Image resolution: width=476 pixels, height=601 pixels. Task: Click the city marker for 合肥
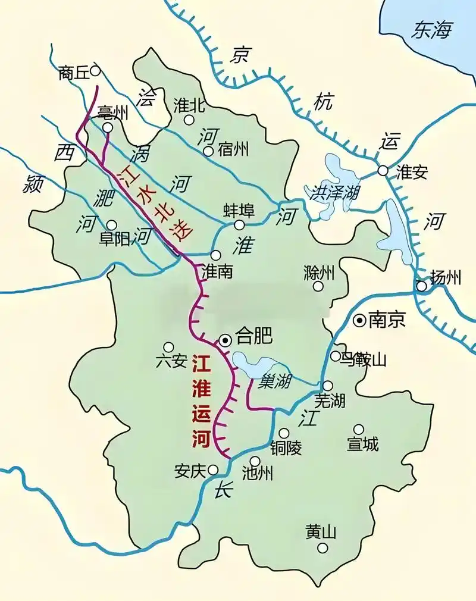226,340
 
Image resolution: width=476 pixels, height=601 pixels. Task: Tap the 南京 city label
387,320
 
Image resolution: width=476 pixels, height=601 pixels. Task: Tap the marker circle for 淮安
383,171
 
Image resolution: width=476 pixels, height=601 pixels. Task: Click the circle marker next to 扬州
421,286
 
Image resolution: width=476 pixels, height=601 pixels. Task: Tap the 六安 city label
171,361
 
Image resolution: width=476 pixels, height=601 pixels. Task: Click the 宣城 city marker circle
358,429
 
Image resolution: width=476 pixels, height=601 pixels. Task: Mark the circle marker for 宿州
208,151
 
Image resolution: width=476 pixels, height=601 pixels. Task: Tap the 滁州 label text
319,273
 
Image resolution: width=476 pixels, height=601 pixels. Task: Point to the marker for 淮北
189,120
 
